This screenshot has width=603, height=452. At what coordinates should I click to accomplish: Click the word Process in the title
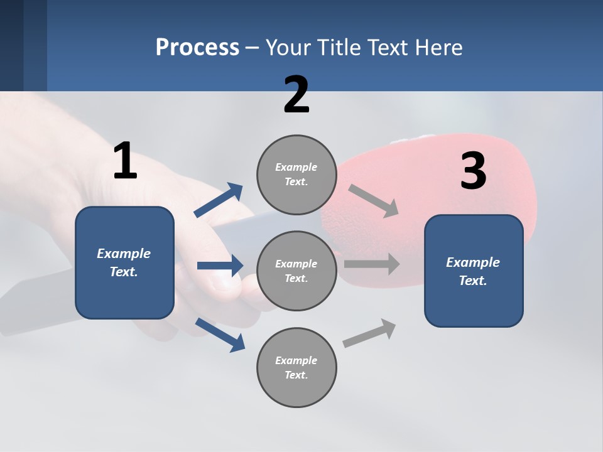click(x=197, y=48)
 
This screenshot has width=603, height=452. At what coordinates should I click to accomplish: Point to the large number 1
click(x=125, y=161)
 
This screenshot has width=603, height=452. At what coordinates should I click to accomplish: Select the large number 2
click(x=296, y=95)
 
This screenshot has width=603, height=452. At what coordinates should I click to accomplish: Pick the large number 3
click(x=473, y=171)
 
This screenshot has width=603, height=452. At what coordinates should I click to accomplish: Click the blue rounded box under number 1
click(x=124, y=262)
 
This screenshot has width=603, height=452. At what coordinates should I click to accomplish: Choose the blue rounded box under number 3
click(x=474, y=271)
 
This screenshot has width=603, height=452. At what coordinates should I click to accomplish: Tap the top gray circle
click(x=296, y=175)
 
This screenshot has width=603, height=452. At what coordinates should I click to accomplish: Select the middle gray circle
click(x=296, y=271)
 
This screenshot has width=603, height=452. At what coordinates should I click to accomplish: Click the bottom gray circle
click(x=296, y=368)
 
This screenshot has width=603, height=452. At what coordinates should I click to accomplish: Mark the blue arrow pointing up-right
click(x=219, y=200)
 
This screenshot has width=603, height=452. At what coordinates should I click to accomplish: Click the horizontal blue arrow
click(x=220, y=266)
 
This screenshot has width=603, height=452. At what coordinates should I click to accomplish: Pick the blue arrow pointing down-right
click(x=220, y=335)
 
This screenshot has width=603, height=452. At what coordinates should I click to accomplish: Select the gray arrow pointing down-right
click(x=373, y=201)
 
